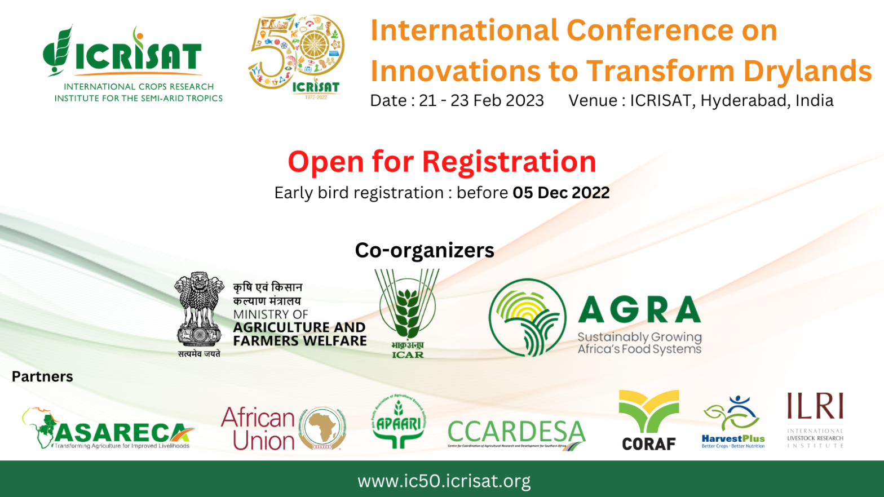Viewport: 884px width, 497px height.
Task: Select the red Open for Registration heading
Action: click(441, 162)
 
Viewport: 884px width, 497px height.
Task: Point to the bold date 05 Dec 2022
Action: click(561, 193)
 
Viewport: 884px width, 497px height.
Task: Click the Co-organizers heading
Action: click(424, 250)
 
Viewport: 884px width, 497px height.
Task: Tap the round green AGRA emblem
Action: click(527, 317)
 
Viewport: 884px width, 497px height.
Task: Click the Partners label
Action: click(42, 376)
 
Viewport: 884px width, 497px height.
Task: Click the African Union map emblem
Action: click(322, 429)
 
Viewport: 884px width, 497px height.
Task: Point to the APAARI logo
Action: click(399, 423)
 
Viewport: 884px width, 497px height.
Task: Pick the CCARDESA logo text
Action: click(516, 433)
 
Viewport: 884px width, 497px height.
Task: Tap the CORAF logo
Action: click(648, 420)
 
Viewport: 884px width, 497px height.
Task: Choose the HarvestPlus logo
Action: click(733, 423)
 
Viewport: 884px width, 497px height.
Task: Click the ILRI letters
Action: click(815, 407)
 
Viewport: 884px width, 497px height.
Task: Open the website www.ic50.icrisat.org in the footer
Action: click(444, 481)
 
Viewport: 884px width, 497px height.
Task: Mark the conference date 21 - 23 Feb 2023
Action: click(481, 100)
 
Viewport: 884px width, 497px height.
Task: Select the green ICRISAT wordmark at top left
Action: click(138, 56)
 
